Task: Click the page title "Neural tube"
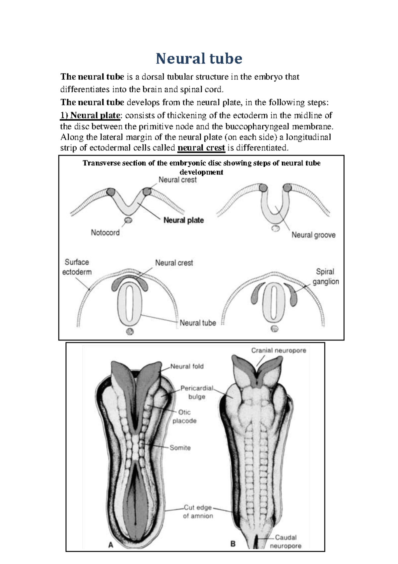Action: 199,58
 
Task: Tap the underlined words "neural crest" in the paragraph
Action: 201,148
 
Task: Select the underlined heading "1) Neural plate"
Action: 90,116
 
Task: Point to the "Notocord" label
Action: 105,233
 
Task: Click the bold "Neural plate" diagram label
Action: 183,220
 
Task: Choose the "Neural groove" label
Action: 313,235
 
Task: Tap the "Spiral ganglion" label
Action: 325,276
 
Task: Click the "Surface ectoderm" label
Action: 77,267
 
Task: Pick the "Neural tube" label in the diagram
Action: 198,323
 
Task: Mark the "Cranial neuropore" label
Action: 279,350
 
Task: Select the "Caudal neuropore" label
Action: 286,541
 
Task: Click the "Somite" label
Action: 180,448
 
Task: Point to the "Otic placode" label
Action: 184,417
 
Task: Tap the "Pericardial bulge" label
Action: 197,392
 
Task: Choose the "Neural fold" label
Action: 187,366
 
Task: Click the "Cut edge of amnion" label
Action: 198,512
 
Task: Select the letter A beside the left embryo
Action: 111,545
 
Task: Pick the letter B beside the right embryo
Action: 233,544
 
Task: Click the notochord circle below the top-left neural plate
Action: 128,220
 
